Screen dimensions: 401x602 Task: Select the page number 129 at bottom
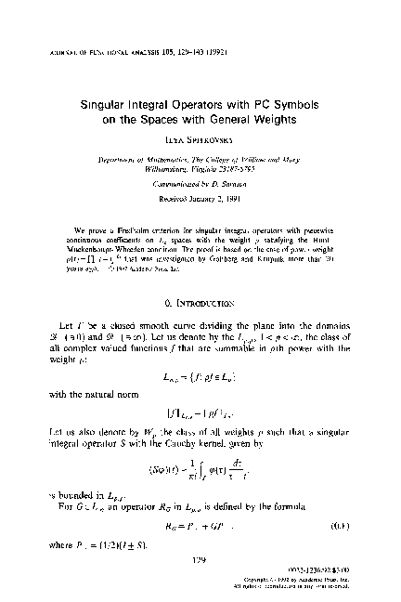[201, 559]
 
